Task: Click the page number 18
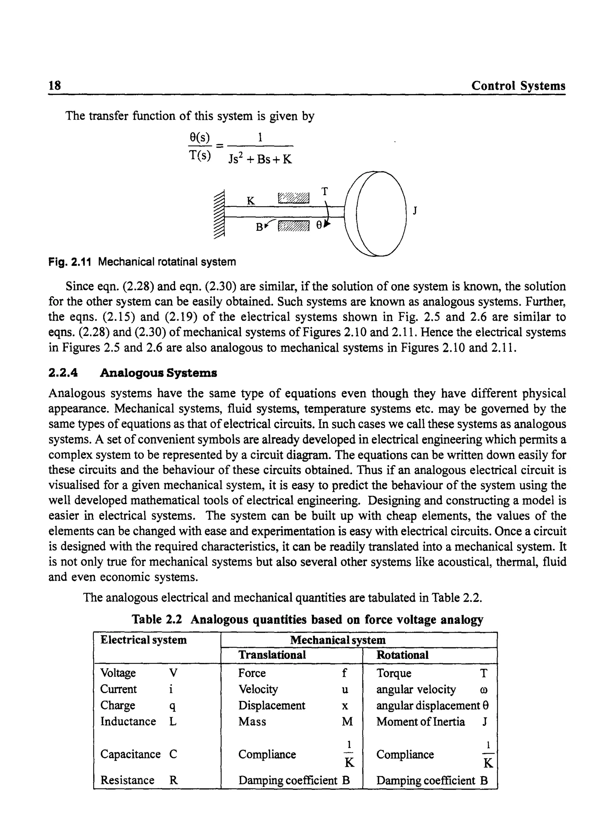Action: [55, 85]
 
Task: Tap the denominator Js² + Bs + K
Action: [260, 159]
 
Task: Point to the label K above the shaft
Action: [250, 201]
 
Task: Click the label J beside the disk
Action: [415, 210]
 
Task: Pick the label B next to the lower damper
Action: [259, 227]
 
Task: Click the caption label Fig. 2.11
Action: [70, 262]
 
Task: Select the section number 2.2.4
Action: [63, 373]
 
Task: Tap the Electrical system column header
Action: [143, 640]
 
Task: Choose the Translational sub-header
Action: [272, 655]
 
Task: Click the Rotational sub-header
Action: [402, 655]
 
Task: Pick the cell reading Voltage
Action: [118, 673]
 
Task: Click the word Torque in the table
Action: [393, 673]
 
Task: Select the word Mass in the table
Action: [252, 722]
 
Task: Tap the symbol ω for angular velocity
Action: [484, 690]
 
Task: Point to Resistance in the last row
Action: [127, 780]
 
